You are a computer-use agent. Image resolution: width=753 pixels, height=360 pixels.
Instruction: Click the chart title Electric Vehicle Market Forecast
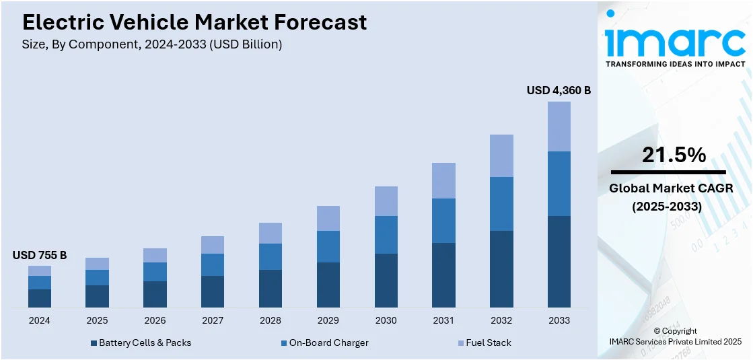pos(194,22)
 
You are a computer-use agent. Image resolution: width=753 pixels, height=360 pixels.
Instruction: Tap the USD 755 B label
pos(40,255)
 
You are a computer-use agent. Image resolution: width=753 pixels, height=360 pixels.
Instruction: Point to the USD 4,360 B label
pos(558,90)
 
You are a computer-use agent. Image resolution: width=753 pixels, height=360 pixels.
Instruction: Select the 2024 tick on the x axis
pos(40,320)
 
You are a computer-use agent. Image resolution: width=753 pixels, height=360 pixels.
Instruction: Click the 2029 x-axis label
pos(328,320)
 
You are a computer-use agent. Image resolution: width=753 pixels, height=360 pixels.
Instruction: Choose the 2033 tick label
pos(559,320)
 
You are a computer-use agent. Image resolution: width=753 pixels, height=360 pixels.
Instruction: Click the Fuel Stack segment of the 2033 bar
pos(559,127)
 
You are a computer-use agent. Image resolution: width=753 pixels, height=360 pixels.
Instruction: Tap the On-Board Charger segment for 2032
pos(501,204)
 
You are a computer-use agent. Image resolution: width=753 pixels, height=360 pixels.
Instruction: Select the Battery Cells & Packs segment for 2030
pos(386,281)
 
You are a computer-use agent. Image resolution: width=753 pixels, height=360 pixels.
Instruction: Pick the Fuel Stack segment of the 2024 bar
pos(40,271)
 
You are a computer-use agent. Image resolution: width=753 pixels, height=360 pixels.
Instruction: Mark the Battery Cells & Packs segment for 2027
pos(213,291)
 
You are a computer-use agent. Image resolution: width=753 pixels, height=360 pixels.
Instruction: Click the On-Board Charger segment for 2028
pos(271,256)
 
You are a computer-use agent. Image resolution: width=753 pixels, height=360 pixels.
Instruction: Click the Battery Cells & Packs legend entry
pos(141,343)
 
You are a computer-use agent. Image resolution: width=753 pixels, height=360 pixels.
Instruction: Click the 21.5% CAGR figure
pos(674,155)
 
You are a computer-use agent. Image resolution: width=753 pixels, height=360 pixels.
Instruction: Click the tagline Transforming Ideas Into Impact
pos(675,64)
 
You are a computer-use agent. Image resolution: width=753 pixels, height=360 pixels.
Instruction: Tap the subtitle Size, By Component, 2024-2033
pos(152,44)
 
